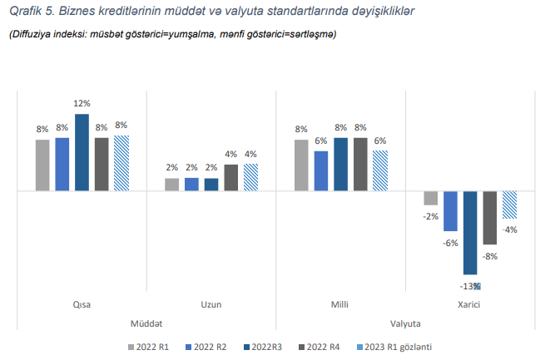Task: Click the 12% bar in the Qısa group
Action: tap(82, 152)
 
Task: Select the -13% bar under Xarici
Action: tap(470, 233)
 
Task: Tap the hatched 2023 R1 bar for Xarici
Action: tap(509, 205)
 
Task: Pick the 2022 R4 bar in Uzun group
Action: tap(230, 178)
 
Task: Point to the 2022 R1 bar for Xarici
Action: tap(430, 198)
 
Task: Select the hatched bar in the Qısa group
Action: tap(121, 164)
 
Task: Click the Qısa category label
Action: tap(82, 305)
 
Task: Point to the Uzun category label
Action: tap(211, 305)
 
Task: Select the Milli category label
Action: tap(340, 305)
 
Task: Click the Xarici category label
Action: tap(469, 305)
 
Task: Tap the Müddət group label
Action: tap(146, 323)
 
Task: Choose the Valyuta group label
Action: tap(405, 323)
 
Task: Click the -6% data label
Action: tap(451, 243)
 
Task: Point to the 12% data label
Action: tap(82, 104)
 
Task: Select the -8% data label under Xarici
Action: tap(490, 256)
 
